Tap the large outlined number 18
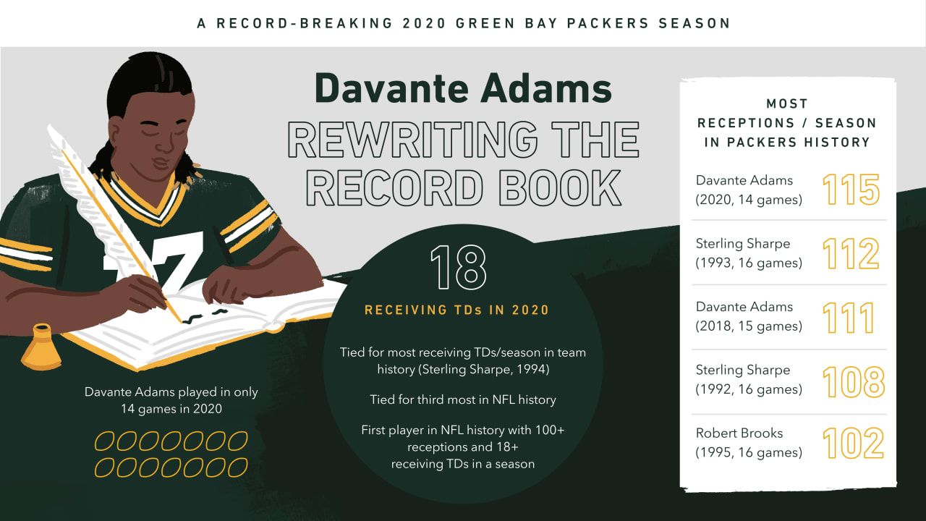tap(458, 268)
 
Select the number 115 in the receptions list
tap(851, 190)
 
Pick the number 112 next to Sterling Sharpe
tap(851, 253)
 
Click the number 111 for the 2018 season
tap(849, 318)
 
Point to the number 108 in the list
tap(853, 381)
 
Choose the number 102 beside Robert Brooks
tap(853, 444)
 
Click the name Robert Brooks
tap(739, 433)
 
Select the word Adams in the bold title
tap(545, 88)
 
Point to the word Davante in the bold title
tap(391, 88)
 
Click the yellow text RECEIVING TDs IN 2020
tap(456, 310)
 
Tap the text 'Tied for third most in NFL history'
tap(462, 400)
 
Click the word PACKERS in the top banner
tap(608, 23)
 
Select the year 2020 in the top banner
tap(424, 23)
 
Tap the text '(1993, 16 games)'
tap(749, 263)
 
